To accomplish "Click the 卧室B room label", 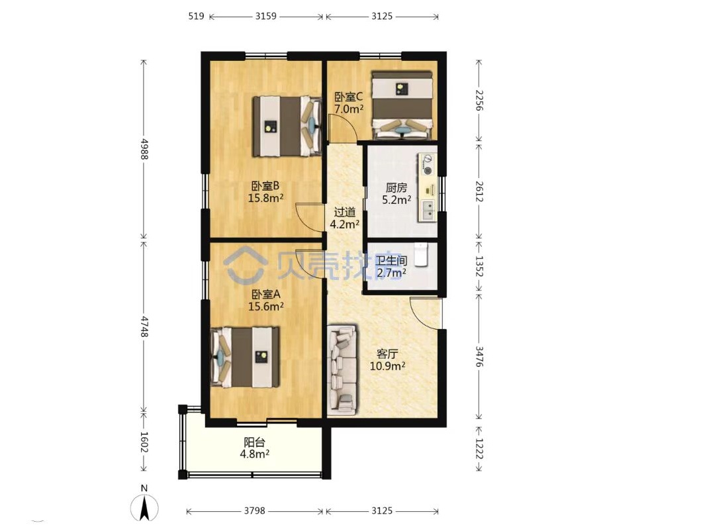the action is [265, 185].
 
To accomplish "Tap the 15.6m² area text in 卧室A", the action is [266, 307].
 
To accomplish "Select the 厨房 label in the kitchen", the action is [396, 188].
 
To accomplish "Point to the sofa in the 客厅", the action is [342, 369].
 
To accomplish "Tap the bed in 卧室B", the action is [287, 126].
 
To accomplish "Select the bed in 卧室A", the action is [245, 357].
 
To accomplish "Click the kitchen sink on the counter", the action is [428, 210].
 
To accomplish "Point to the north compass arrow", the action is [144, 509].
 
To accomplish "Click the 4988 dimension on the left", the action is [144, 149].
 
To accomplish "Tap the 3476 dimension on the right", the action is [479, 356].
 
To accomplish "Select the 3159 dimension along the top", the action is [266, 16].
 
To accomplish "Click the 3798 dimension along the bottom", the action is [255, 510].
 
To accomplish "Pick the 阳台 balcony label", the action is [254, 443].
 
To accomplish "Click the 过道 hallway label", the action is [345, 212].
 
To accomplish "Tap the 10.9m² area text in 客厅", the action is [388, 366].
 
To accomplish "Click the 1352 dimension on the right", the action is [479, 266].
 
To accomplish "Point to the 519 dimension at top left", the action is [196, 16].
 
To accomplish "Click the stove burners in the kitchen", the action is [428, 165].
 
